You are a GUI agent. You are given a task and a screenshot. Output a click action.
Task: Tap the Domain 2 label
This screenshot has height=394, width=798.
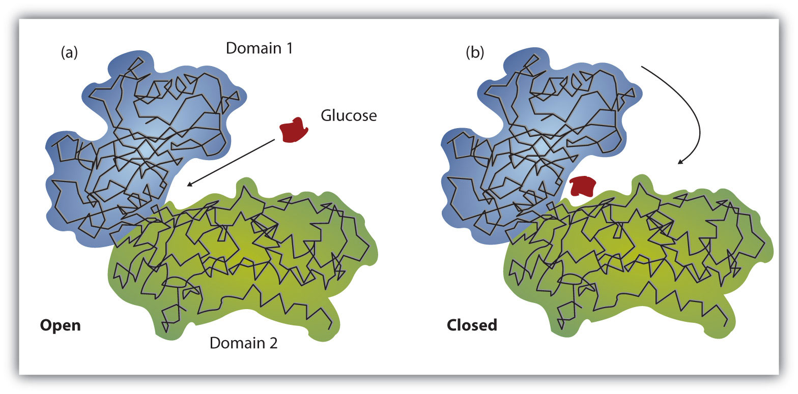point(244,344)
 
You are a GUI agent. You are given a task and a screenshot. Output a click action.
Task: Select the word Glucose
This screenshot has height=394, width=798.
point(349,116)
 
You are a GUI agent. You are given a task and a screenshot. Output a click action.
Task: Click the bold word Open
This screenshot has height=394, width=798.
point(60,325)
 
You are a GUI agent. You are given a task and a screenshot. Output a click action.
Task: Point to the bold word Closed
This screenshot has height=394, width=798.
point(472,325)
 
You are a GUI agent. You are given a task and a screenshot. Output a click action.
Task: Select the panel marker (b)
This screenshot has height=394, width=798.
point(475,53)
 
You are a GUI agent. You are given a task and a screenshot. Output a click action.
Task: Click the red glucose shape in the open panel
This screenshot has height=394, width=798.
point(294,130)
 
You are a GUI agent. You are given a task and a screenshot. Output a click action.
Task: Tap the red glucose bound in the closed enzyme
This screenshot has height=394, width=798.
point(582,186)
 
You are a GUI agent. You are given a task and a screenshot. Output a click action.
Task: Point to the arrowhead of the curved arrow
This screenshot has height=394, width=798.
point(681,162)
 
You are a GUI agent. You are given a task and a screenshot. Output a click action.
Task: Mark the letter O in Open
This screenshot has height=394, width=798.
point(46,325)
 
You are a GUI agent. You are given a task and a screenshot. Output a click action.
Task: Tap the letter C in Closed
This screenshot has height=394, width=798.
point(452,325)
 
